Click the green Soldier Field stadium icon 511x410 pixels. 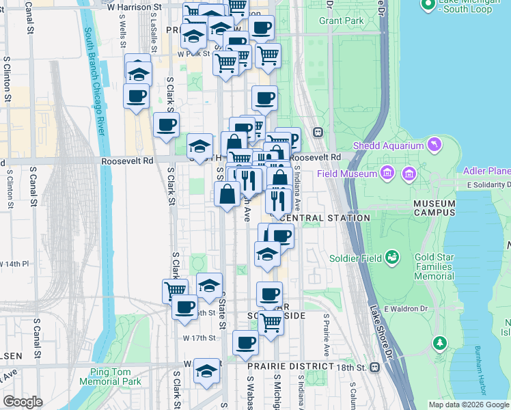tap(392, 258)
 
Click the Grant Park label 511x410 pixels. tap(341, 21)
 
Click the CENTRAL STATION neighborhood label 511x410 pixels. tap(325, 218)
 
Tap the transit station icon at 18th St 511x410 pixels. tap(374, 367)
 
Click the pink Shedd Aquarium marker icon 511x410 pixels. tap(434, 144)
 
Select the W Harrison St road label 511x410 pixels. tap(137, 7)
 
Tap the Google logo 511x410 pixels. tap(23, 402)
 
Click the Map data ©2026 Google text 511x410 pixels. tap(468, 405)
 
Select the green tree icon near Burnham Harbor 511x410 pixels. tap(441, 342)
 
